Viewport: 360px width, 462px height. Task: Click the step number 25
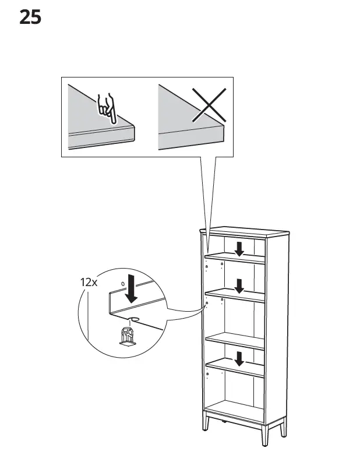pyautogui.click(x=30, y=17)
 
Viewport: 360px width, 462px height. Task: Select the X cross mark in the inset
pyautogui.click(x=209, y=105)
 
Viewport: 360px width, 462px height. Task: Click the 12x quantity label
pyautogui.click(x=89, y=283)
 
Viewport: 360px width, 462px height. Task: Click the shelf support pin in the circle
pyautogui.click(x=126, y=336)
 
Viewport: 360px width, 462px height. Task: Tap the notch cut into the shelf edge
pyautogui.click(x=133, y=319)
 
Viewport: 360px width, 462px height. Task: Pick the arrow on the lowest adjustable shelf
pyautogui.click(x=239, y=358)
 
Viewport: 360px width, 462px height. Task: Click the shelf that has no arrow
pyautogui.click(x=236, y=340)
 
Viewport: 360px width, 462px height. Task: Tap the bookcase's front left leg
pyautogui.click(x=206, y=421)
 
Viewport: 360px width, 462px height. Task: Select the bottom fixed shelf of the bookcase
pyautogui.click(x=236, y=407)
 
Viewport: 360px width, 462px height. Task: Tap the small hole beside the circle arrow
pyautogui.click(x=122, y=283)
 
